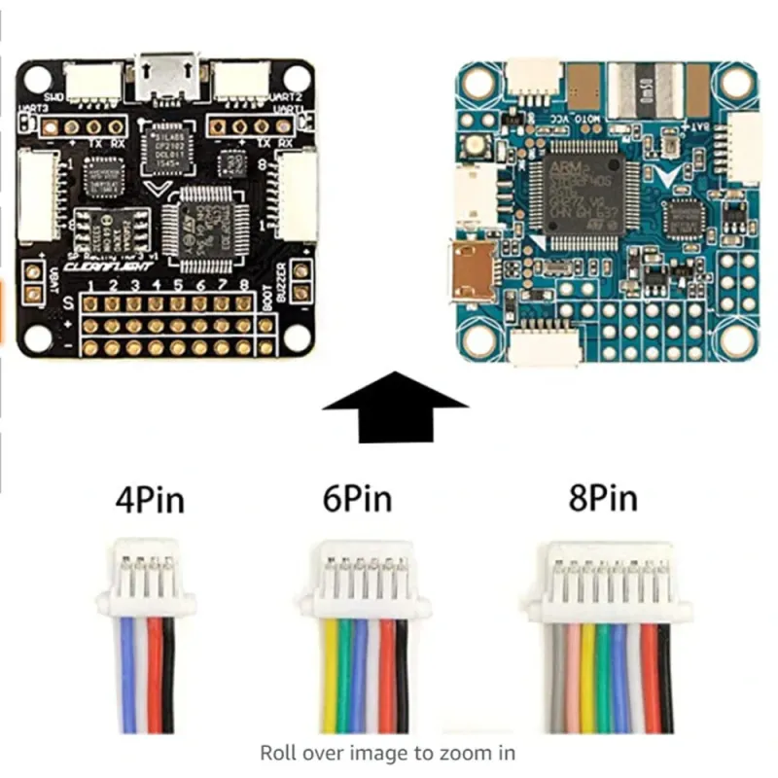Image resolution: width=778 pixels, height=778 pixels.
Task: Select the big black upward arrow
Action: click(x=395, y=406)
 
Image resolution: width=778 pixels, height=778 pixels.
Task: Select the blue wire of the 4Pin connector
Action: click(x=127, y=681)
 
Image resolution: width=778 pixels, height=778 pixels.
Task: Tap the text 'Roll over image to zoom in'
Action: click(x=387, y=752)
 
